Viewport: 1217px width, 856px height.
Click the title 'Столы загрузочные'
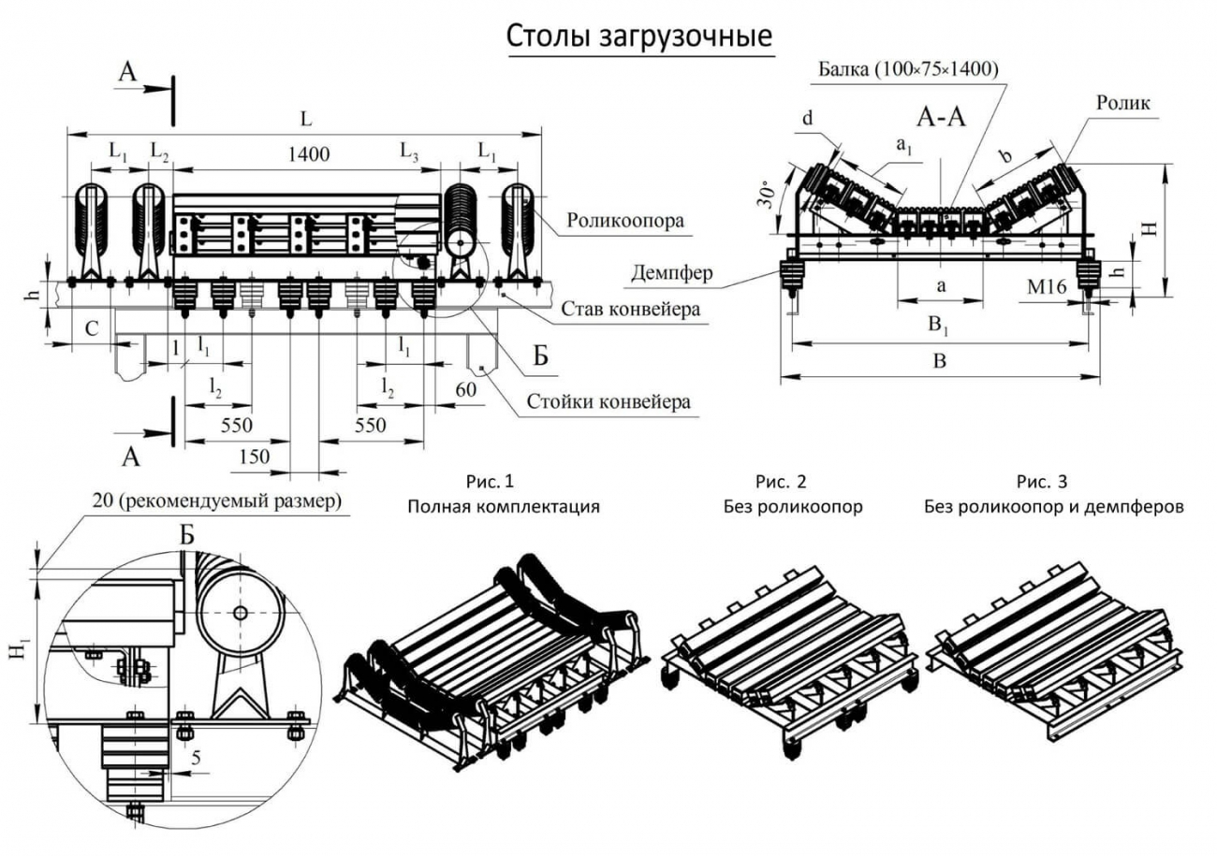pyautogui.click(x=640, y=36)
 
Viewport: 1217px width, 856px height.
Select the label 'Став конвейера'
pyautogui.click(x=631, y=309)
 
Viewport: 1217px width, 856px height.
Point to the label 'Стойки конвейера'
pyautogui.click(x=608, y=402)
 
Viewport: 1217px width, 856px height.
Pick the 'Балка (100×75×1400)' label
pyautogui.click(x=908, y=70)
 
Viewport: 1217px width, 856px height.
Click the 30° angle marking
pyautogui.click(x=768, y=194)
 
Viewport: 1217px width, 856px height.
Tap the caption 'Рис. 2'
pyautogui.click(x=781, y=482)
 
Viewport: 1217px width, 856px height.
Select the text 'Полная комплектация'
pyautogui.click(x=503, y=507)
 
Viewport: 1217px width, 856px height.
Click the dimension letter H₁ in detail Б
pyautogui.click(x=18, y=649)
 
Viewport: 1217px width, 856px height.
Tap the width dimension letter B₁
pyautogui.click(x=938, y=329)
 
